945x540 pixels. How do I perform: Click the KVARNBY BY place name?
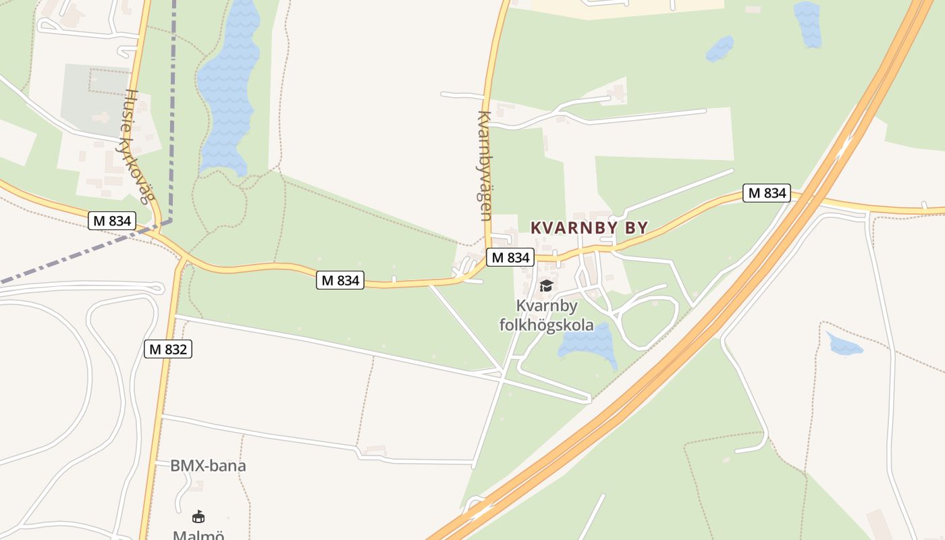pos(589,228)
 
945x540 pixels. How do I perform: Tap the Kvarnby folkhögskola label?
pos(547,316)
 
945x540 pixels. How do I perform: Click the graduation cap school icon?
pos(546,286)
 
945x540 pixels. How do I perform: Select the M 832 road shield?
pos(168,349)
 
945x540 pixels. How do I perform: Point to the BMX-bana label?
pos(208,466)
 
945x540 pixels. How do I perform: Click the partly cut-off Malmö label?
pos(198,535)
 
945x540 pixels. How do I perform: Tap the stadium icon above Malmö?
pos(198,517)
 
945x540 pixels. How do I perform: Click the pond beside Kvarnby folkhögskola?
pos(587,342)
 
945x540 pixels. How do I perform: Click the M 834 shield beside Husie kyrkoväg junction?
pos(112,221)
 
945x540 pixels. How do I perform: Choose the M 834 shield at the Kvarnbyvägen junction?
pos(510,257)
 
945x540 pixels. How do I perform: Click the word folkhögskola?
pos(547,325)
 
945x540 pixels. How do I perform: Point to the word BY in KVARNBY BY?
pos(637,228)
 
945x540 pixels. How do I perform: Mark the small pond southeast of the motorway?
pos(844,345)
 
